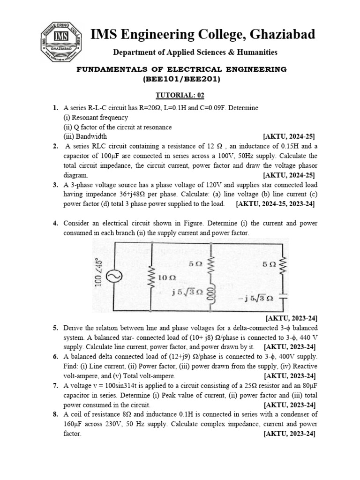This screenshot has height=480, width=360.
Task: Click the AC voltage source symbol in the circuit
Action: [x=112, y=277]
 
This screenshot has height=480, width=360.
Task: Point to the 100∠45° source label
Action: [x=99, y=272]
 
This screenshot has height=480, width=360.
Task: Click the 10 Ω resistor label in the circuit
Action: [x=167, y=277]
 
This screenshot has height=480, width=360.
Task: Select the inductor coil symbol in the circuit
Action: [x=211, y=296]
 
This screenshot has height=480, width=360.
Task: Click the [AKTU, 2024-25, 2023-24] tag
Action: [x=275, y=204]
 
